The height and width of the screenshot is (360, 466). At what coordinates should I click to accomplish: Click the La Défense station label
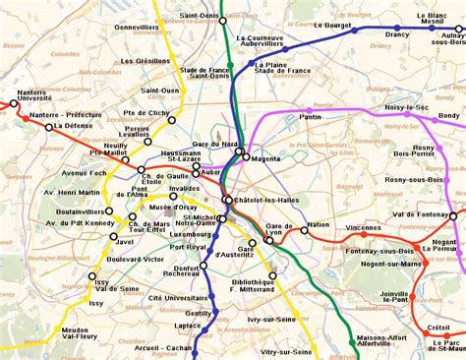pos(75,126)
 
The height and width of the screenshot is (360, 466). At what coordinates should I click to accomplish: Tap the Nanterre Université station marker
pos(15,102)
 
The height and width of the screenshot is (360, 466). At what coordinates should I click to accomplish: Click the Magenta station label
pos(266,158)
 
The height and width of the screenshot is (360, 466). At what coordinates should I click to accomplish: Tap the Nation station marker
pos(304,231)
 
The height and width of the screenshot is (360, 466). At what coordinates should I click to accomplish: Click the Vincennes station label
pos(364,227)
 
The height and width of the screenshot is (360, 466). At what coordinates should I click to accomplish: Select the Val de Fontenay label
pos(421,214)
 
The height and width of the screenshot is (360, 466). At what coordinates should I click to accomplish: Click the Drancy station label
pos(396,33)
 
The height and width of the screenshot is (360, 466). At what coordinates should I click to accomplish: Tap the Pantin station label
pos(310,116)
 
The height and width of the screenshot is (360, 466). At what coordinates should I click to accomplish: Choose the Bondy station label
pos(448,115)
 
